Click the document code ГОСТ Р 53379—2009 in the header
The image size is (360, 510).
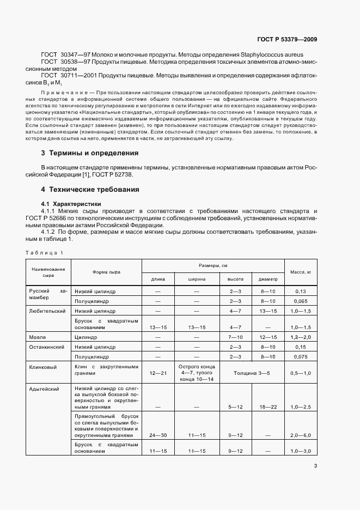pos(287,39)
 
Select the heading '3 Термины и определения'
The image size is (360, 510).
pos(90,153)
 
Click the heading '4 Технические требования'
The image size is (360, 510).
pos(90,190)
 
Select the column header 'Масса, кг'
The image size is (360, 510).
pos(301,271)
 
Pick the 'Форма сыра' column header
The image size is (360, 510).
pos(106,271)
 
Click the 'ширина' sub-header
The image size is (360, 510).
pos(197,278)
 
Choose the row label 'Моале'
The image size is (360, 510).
pos(38,337)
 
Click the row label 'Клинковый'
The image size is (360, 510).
pos(43,367)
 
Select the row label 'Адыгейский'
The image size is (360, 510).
pos(45,390)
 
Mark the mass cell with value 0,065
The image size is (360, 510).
pos(301,300)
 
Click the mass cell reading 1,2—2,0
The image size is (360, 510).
pos(301,337)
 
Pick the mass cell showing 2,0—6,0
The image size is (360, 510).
pos(301,435)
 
